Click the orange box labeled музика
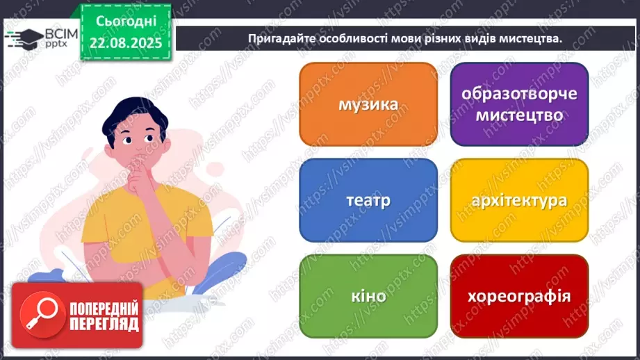[368, 104]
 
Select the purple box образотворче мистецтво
[519, 104]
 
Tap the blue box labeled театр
[368, 200]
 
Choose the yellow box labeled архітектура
[519, 200]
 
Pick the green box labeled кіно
[368, 297]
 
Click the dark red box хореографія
[519, 297]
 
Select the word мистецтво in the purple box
[519, 115]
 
